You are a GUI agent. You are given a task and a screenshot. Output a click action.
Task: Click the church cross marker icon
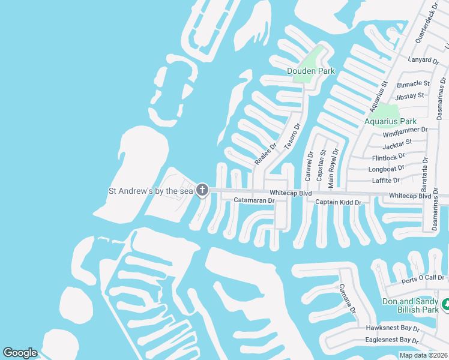[202, 191]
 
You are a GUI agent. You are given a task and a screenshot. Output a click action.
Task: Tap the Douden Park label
[311, 71]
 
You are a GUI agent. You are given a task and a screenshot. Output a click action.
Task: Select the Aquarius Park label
[390, 121]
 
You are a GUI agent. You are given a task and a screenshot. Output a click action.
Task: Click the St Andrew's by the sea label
[151, 191]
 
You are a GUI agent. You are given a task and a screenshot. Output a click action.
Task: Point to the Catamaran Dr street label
[254, 200]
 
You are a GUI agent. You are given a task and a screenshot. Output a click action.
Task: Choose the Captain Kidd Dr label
[339, 203]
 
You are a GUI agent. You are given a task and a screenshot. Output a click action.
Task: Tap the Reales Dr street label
[265, 154]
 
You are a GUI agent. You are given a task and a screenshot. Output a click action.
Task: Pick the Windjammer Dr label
[405, 130]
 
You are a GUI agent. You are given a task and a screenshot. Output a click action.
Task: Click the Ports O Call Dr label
[424, 278]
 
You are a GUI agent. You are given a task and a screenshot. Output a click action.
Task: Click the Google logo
[20, 353]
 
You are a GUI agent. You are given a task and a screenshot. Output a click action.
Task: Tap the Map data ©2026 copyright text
[424, 355]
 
